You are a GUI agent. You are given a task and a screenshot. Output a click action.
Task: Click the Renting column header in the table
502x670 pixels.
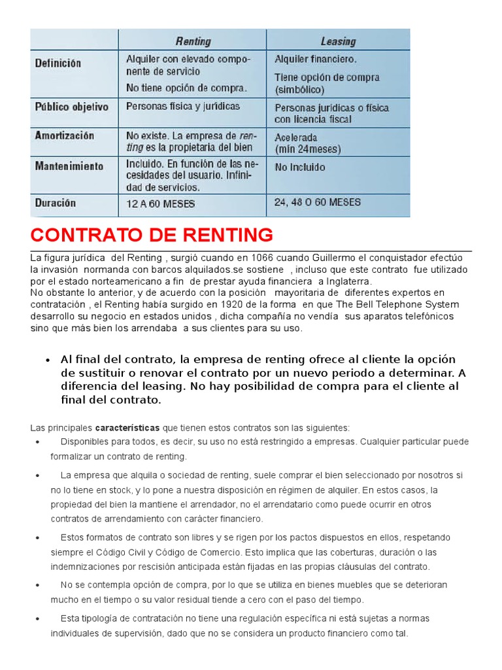193,41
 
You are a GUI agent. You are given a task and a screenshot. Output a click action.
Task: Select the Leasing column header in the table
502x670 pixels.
338,41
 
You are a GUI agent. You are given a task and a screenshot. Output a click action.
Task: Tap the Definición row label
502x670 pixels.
58,63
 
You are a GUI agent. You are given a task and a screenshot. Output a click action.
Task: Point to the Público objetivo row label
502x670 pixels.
71,106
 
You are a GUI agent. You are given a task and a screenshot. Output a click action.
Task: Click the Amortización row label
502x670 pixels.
64,135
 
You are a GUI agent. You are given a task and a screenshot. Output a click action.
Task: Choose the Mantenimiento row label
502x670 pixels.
69,166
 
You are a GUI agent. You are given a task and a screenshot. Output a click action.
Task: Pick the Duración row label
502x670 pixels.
55,203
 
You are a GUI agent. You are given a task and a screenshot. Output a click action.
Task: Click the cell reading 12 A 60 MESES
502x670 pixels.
160,204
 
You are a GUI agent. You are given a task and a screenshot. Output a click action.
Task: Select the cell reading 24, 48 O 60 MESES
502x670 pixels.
317,202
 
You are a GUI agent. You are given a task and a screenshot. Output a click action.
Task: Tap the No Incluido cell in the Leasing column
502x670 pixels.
299,167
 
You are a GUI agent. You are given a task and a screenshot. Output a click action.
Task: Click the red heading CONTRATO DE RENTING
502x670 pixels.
152,234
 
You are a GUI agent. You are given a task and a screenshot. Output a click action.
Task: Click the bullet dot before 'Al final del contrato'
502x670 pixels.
48,361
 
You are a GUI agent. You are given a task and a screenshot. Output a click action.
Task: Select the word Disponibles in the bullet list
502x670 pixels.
85,442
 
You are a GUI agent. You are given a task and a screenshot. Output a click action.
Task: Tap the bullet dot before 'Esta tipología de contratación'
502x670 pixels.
35,618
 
